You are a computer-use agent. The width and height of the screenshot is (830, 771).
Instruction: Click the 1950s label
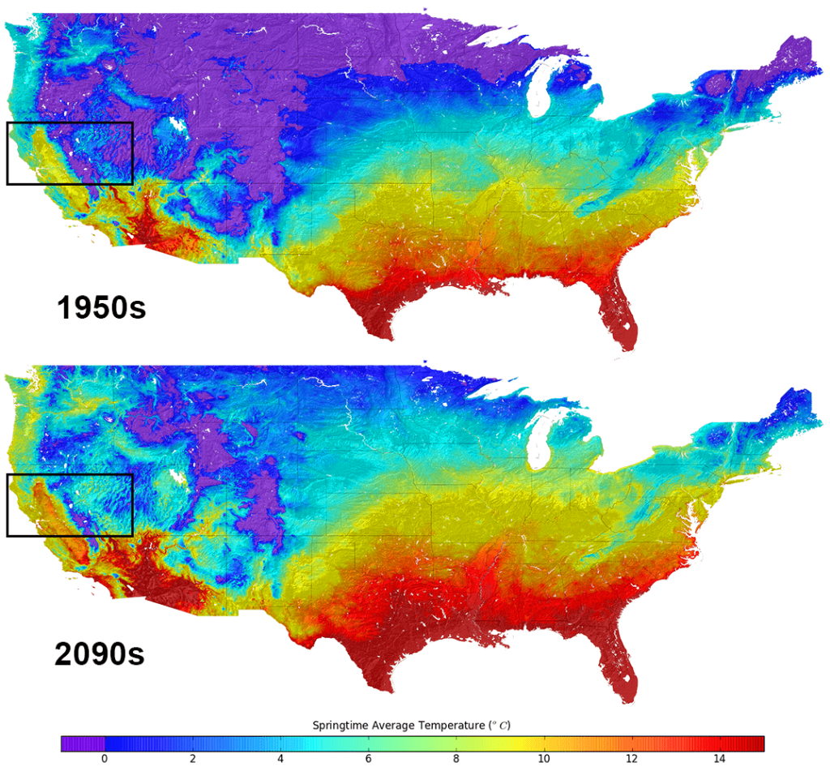pyautogui.click(x=101, y=307)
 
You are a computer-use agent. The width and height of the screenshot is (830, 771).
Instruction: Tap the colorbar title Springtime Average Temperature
pyautogui.click(x=411, y=724)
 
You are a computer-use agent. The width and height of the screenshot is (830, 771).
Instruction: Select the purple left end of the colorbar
pyautogui.click(x=82, y=743)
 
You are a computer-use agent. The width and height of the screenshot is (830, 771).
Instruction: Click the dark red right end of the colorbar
pyautogui.click(x=754, y=743)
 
